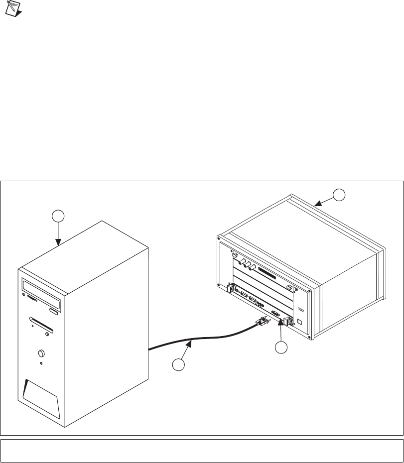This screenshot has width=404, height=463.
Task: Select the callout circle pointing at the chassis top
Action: [x=339, y=195]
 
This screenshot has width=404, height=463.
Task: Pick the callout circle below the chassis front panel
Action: [x=282, y=348]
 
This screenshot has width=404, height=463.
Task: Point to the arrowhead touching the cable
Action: [x=191, y=342]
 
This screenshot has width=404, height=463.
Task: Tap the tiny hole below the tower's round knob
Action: [x=40, y=363]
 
